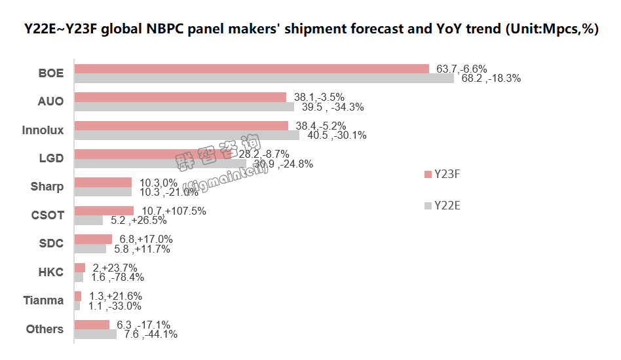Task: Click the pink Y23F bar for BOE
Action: coord(252,69)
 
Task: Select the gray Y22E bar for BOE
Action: coord(264,79)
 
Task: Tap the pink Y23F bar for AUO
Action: coord(180,97)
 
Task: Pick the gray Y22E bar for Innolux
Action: coord(187,135)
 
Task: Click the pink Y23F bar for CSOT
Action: coord(104,211)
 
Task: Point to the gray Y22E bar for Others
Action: coord(95,334)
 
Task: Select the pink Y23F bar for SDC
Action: coord(93,240)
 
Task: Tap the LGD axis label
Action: coord(51,158)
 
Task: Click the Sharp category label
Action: coord(47,187)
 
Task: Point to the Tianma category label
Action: coord(43,300)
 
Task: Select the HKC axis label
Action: coord(50,272)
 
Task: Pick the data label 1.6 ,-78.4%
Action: coord(118,278)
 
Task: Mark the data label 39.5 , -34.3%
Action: coord(331,107)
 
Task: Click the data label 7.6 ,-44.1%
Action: coord(151,334)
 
